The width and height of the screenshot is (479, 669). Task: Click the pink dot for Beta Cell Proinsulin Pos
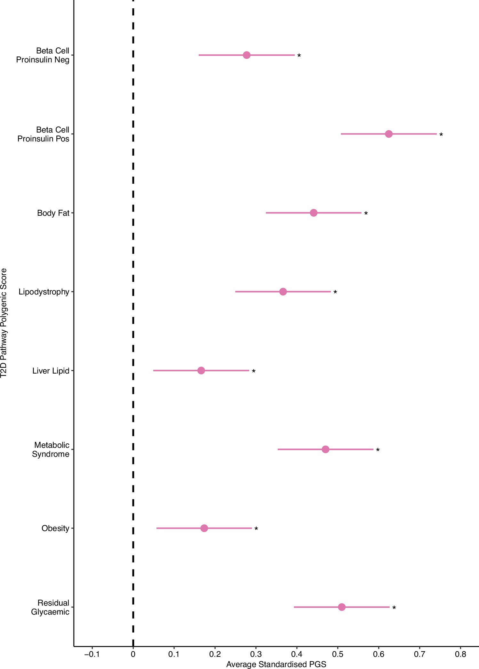tap(388, 134)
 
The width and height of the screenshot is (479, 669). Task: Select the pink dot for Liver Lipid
tap(201, 370)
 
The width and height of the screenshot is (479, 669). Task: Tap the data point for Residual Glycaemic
tap(341, 607)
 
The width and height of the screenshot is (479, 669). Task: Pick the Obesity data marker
tap(204, 528)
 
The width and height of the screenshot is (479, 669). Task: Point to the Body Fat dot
tap(314, 213)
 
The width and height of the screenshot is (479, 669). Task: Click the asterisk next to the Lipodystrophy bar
tap(335, 292)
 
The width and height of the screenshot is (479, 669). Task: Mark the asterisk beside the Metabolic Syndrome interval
tap(378, 450)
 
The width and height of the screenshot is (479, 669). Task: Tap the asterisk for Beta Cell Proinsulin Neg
tap(299, 56)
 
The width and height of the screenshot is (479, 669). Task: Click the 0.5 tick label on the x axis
tap(338, 654)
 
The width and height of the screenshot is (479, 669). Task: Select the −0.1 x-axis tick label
tap(92, 654)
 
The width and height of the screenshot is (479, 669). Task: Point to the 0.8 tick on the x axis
tap(460, 654)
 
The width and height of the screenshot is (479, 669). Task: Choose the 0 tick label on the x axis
tap(133, 654)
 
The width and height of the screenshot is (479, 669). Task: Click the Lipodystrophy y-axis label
tap(44, 292)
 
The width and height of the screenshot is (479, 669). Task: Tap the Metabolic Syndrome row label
tap(51, 449)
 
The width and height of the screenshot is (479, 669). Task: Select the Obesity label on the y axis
tap(55, 528)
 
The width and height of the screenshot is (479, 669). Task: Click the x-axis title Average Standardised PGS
tap(276, 664)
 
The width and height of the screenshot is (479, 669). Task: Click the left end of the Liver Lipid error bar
tap(154, 370)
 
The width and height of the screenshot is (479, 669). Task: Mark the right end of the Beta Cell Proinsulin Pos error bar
tap(436, 134)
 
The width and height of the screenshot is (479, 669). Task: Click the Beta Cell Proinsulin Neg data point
tap(246, 55)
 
